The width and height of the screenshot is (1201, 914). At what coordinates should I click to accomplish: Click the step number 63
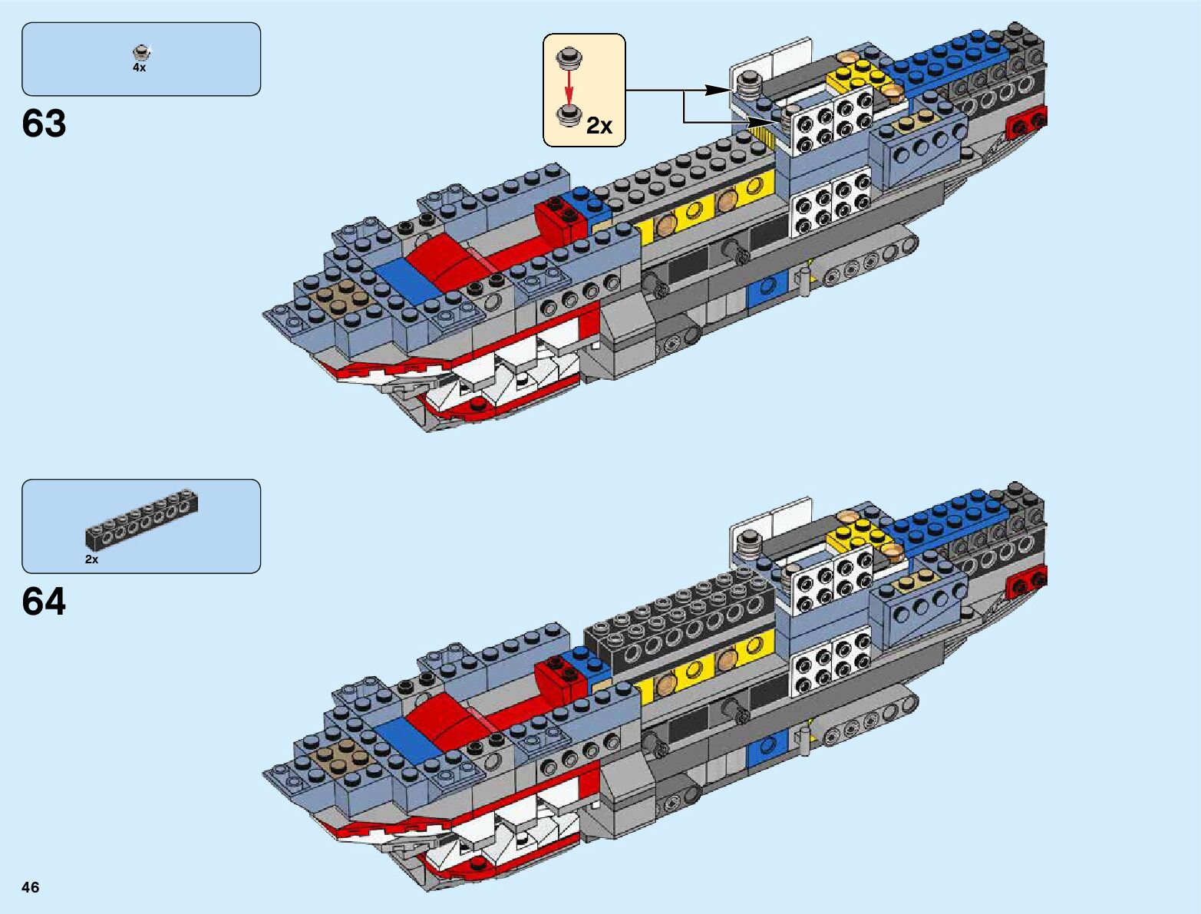45,124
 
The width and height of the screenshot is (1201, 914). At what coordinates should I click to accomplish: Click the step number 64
45,602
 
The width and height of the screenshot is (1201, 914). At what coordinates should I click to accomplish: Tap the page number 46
31,887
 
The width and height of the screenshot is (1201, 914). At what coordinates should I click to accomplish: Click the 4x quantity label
139,68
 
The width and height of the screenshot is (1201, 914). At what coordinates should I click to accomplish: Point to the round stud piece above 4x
140,52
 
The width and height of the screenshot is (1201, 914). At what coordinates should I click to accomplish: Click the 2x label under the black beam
92,559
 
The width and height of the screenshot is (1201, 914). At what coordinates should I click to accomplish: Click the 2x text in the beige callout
599,125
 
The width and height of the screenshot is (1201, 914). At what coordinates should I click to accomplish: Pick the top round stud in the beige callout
569,57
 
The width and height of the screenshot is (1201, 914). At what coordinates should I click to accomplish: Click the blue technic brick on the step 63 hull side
764,289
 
